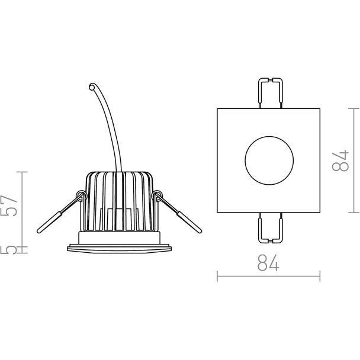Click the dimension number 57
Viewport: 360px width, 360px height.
pyautogui.click(x=9, y=205)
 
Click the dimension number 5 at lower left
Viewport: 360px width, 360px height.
pyautogui.click(x=8, y=250)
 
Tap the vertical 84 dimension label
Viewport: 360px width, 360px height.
pyautogui.click(x=340, y=160)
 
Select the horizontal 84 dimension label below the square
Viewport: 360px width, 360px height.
pyautogui.click(x=268, y=262)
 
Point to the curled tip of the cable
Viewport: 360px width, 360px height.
pyautogui.click(x=92, y=87)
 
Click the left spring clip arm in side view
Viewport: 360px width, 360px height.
pyautogui.click(x=60, y=214)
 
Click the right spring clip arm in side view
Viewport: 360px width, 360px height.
pyautogui.click(x=179, y=214)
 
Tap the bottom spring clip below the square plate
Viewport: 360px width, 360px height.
pyautogui.click(x=271, y=228)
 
